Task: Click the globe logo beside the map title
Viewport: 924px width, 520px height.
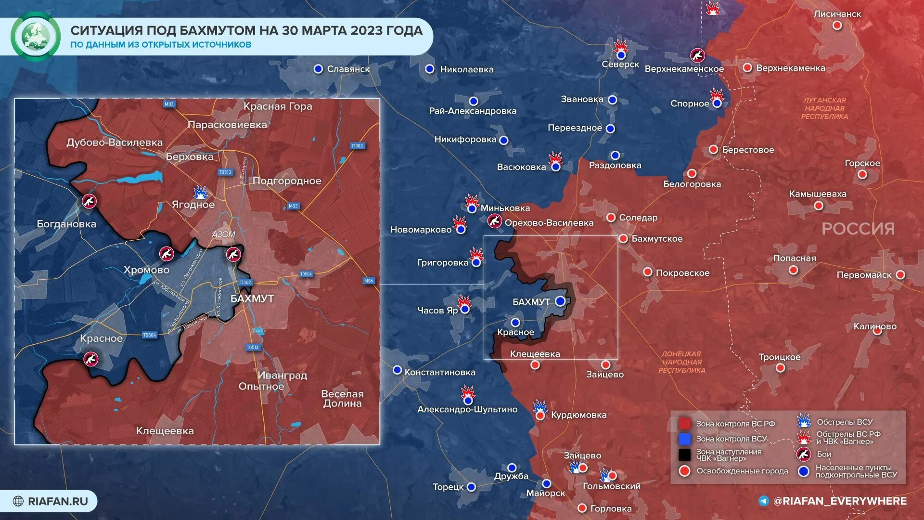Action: [35, 36]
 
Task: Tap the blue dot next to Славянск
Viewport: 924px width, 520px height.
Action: [318, 69]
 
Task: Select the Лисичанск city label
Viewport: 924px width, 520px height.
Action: [837, 14]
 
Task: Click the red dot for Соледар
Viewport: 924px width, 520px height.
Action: [611, 218]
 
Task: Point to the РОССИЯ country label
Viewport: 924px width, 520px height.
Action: [858, 229]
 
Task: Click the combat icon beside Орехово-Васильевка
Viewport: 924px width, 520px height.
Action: [494, 221]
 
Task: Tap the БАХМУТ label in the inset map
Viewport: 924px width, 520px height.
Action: [252, 299]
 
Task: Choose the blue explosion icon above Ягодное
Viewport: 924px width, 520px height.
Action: [201, 192]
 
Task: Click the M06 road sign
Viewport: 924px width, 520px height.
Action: [369, 281]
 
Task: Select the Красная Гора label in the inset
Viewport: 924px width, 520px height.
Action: [278, 106]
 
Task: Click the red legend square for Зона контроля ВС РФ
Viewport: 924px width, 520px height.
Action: [684, 424]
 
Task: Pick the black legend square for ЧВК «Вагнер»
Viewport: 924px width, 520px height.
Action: [684, 455]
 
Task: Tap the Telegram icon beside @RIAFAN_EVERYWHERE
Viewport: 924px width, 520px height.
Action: [764, 501]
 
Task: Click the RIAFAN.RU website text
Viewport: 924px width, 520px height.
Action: [58, 501]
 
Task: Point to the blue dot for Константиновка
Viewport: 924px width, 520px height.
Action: [397, 370]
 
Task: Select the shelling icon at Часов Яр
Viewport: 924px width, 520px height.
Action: [464, 302]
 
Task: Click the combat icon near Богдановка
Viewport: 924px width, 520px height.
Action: [89, 201]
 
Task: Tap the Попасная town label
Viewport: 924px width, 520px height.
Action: [795, 259]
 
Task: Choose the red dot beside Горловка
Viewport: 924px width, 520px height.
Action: [582, 508]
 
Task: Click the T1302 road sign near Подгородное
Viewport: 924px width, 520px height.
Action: [357, 146]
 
